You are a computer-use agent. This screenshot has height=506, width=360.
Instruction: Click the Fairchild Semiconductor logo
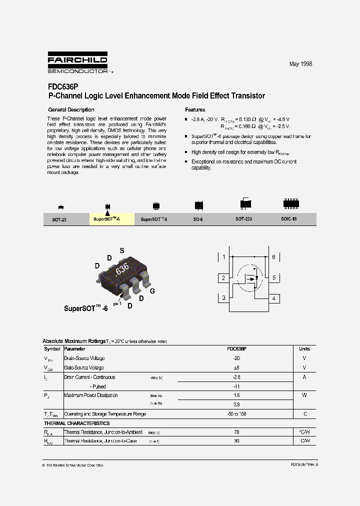pyautogui.click(x=78, y=63)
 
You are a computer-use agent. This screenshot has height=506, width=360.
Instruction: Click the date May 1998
pyautogui.click(x=300, y=64)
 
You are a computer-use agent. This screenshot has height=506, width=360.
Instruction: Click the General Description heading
pyautogui.click(x=71, y=109)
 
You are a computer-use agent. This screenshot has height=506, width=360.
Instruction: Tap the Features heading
pyautogui.click(x=195, y=109)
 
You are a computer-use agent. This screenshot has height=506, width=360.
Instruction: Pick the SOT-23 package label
pyautogui.click(x=59, y=219)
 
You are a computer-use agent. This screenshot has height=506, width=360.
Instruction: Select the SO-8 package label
pyautogui.click(x=198, y=219)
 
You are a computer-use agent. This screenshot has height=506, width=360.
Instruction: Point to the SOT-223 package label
pyautogui.click(x=243, y=219)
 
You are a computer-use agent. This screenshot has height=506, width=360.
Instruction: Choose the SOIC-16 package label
pyautogui.click(x=289, y=219)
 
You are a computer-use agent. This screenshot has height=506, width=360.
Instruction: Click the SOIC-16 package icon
pyautogui.click(x=289, y=203)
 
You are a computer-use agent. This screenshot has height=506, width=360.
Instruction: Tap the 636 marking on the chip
pyautogui.click(x=122, y=268)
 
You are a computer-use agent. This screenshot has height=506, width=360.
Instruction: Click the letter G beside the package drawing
pyautogui.click(x=152, y=291)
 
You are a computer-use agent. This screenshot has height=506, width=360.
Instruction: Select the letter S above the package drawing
pyautogui.click(x=121, y=250)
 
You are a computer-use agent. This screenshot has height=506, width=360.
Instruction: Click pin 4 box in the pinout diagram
pyautogui.click(x=273, y=298)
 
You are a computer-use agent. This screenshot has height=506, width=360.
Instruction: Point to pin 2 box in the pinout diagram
pyautogui.click(x=223, y=278)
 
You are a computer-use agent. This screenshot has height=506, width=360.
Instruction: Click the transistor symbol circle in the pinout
pyautogui.click(x=248, y=278)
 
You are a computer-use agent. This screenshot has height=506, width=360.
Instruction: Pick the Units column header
pyautogui.click(x=304, y=349)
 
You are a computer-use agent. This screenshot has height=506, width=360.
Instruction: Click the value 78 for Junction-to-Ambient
pyautogui.click(x=236, y=432)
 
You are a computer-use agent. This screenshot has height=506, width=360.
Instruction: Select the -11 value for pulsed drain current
pyautogui.click(x=236, y=386)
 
